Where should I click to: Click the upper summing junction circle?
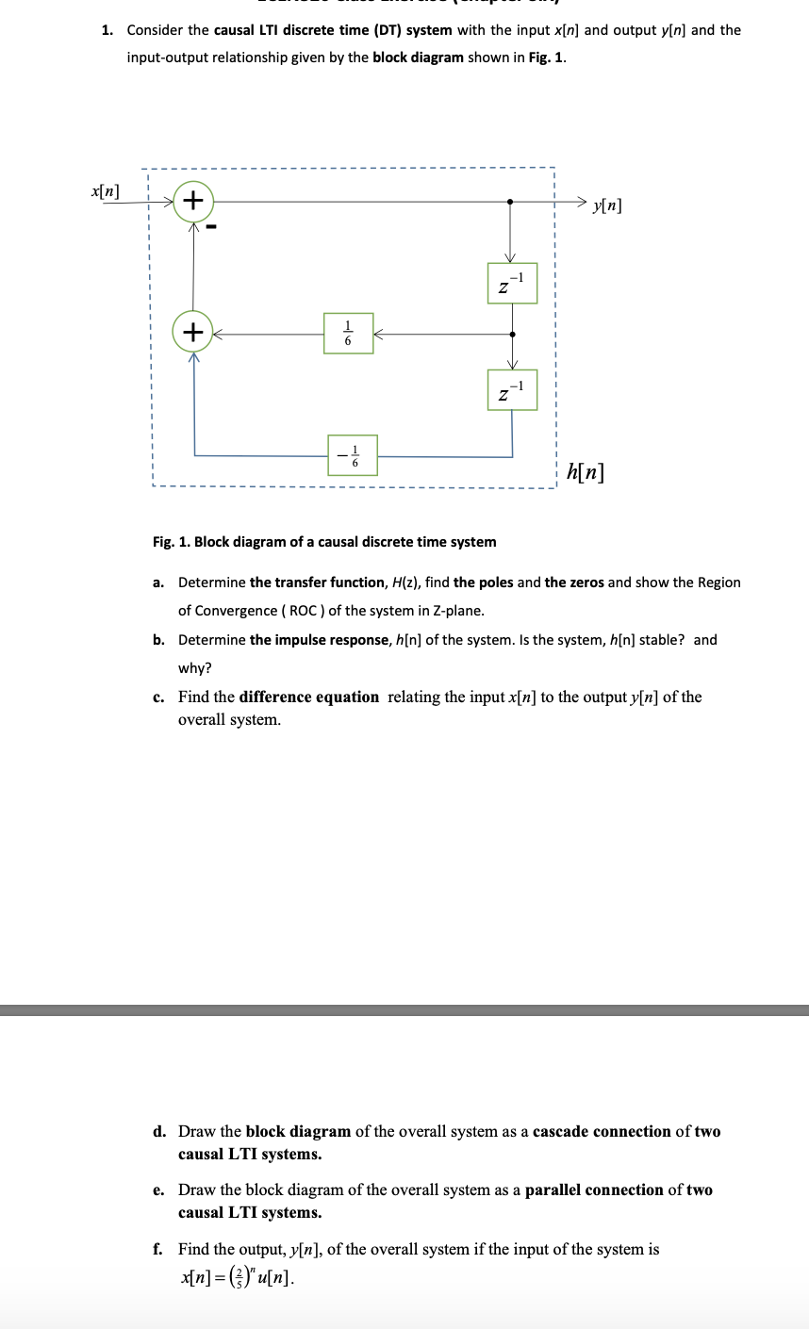coord(193,201)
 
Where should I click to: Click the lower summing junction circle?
coord(193,332)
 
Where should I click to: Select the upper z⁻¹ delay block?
coord(512,283)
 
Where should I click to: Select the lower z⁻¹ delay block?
coord(512,389)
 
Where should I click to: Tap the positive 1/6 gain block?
coord(348,334)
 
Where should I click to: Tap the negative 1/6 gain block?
coord(352,455)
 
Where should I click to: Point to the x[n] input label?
coord(105,190)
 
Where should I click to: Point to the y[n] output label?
coord(607,204)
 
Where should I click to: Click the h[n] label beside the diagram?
coord(586,470)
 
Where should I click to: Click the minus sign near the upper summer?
coord(213,227)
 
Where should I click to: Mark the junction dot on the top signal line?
coord(511,201)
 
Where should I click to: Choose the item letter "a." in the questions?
coord(159,582)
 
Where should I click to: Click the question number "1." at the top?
coord(107,30)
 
